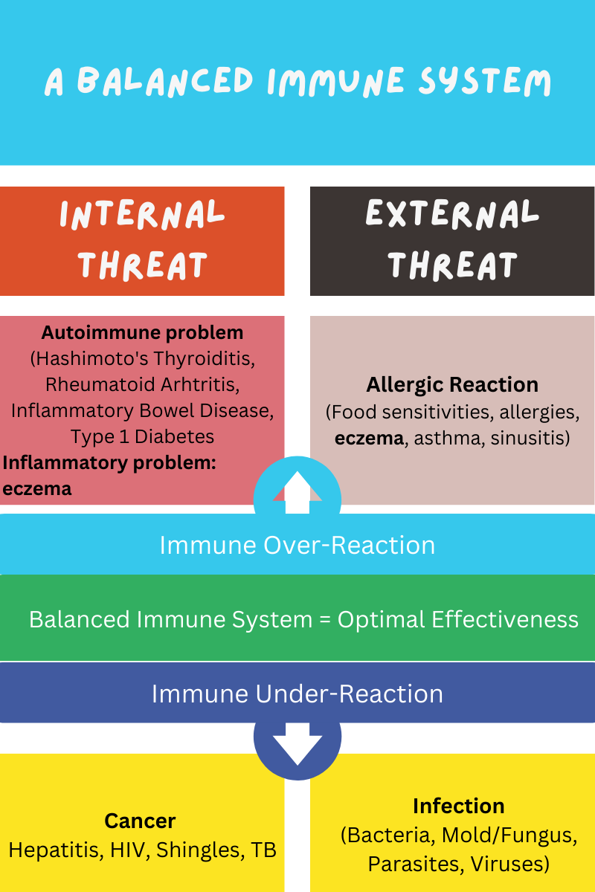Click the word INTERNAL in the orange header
pos(142,215)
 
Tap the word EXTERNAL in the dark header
pos(452,215)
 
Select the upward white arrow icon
pos(297,491)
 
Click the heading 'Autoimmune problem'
pos(142,332)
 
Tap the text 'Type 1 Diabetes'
pos(143,436)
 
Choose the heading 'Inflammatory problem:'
pos(109,462)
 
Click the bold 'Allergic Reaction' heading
pos(452,385)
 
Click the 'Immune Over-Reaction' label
pos(297,545)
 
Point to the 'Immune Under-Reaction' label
pos(297,694)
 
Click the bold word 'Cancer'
pos(140,821)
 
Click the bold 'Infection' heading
pos(458,807)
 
